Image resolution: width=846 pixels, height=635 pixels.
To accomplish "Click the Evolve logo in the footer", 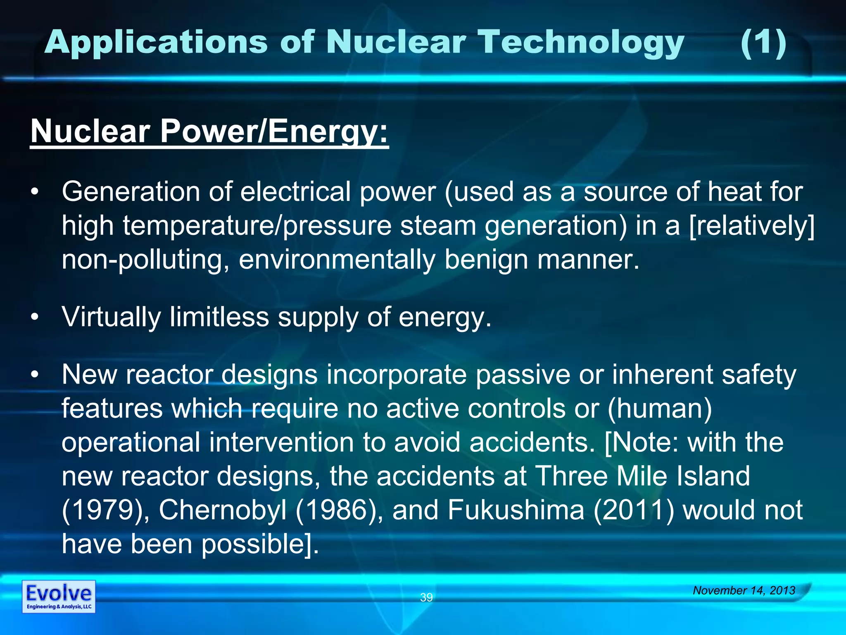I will coord(59,596).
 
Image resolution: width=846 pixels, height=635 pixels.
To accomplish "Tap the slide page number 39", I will coord(426,597).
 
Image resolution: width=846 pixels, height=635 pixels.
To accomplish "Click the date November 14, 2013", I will coord(744,590).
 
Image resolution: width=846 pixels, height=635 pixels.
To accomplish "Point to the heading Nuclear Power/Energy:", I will coord(209,131).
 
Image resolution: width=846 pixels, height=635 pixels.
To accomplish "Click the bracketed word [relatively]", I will coord(752,227).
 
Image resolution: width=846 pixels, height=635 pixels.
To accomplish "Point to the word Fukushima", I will coord(516,510).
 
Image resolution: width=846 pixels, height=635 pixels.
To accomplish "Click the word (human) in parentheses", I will coord(660,409).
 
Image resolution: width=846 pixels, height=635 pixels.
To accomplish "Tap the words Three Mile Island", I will coord(642,476).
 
